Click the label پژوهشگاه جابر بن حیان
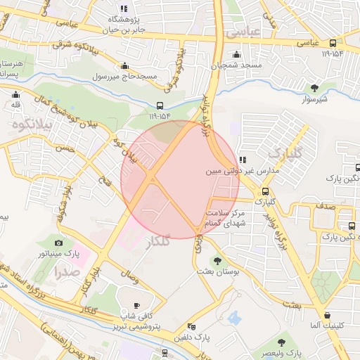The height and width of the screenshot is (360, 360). (x=124, y=24)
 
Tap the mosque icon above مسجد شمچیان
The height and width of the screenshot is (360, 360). (x=237, y=55)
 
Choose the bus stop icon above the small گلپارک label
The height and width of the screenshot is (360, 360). (x=265, y=191)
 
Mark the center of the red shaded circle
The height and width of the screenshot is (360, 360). (x=180, y=179)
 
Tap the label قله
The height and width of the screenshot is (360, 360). (x=15, y=105)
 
